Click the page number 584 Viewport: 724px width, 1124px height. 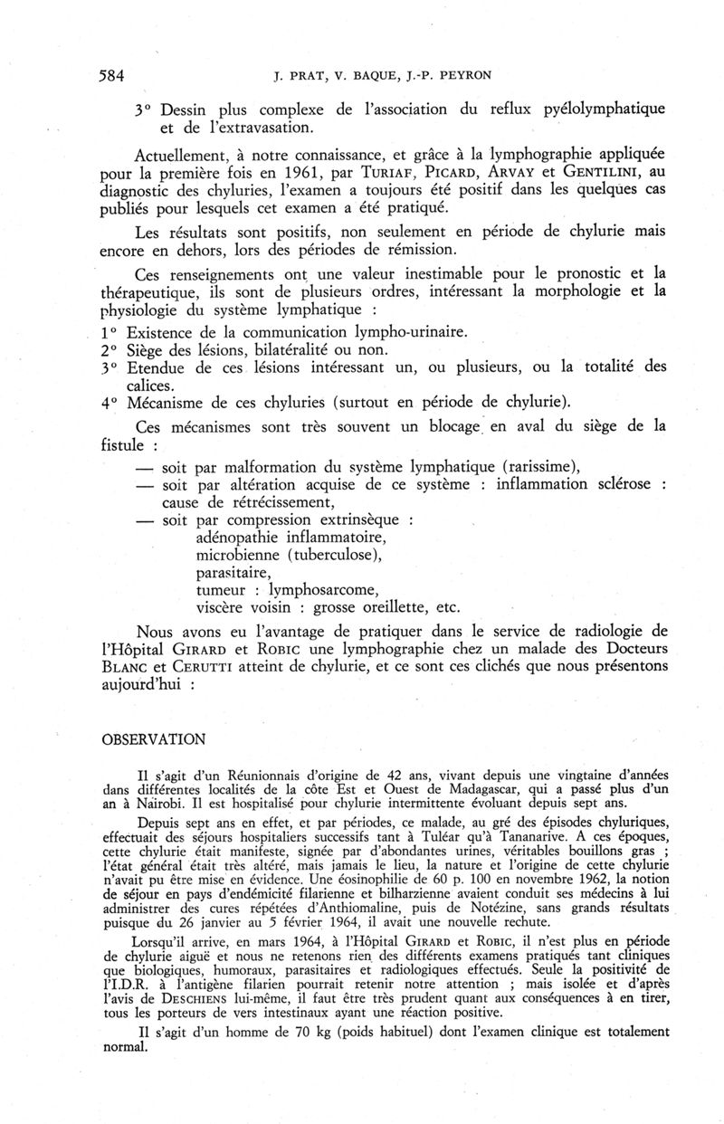[x=110, y=76]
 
